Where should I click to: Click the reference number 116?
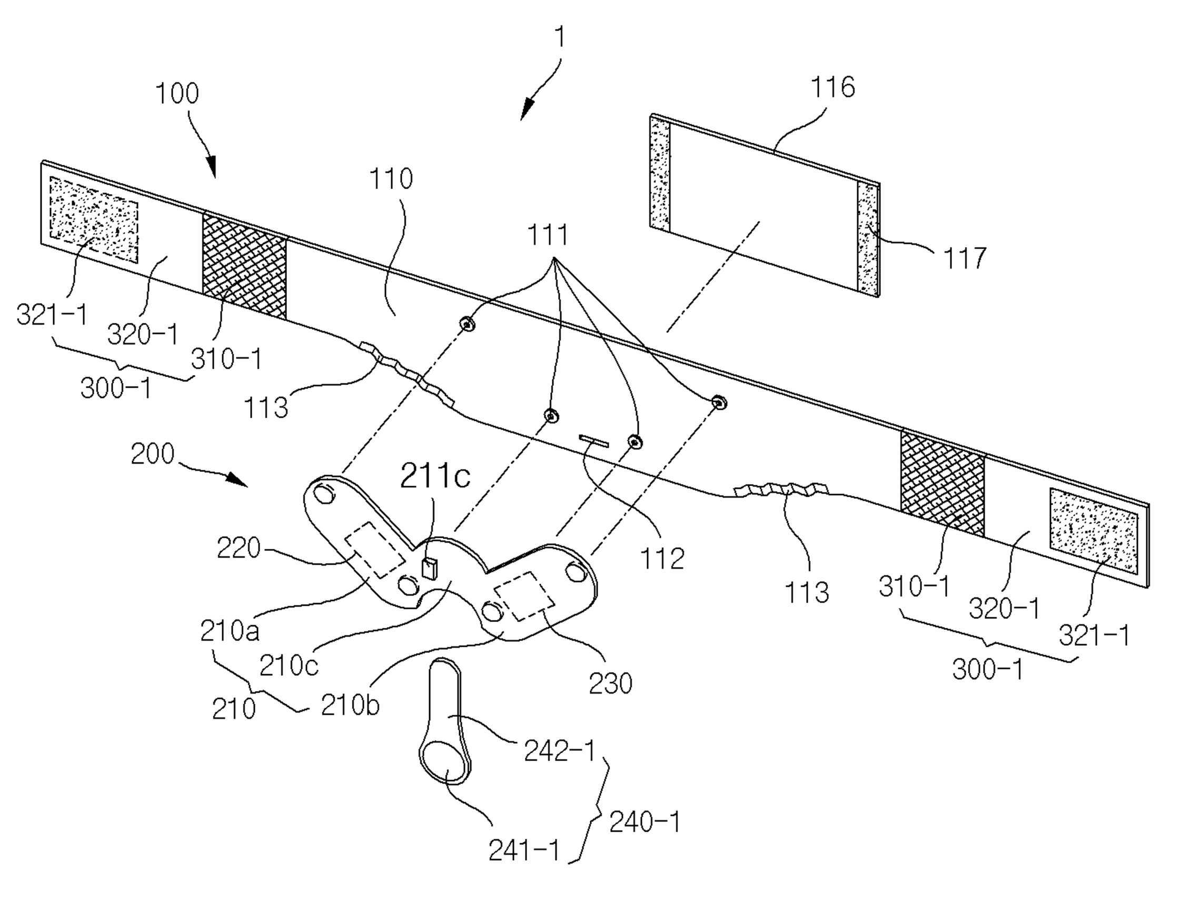pyautogui.click(x=834, y=87)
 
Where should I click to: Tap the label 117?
pyautogui.click(x=964, y=258)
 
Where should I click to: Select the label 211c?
pyautogui.click(x=435, y=476)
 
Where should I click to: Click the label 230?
pyautogui.click(x=610, y=684)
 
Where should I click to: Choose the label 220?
pyautogui.click(x=239, y=548)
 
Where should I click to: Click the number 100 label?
pyautogui.click(x=177, y=93)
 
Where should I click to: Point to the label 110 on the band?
pyautogui.click(x=391, y=179)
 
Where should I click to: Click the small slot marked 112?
pyautogui.click(x=593, y=441)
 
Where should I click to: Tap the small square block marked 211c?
pyautogui.click(x=429, y=569)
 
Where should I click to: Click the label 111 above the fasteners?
pyautogui.click(x=548, y=235)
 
